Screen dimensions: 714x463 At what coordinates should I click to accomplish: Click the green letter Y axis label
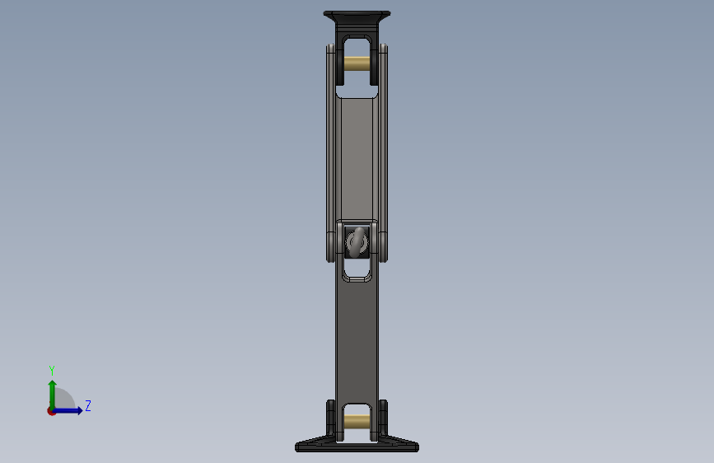(x=52, y=371)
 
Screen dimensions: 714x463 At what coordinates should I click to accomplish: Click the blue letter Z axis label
(x=88, y=405)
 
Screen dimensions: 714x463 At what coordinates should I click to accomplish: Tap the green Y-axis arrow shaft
(x=53, y=395)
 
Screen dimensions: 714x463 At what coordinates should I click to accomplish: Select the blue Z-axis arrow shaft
(x=67, y=410)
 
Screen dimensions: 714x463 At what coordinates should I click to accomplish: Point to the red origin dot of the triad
(x=51, y=411)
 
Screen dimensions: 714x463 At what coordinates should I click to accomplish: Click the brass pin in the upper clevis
(x=357, y=63)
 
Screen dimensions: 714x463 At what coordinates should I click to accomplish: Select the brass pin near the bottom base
(x=357, y=421)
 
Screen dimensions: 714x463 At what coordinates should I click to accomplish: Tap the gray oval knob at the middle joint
(x=357, y=241)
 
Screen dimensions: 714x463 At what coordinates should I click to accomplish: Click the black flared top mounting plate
(x=357, y=17)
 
